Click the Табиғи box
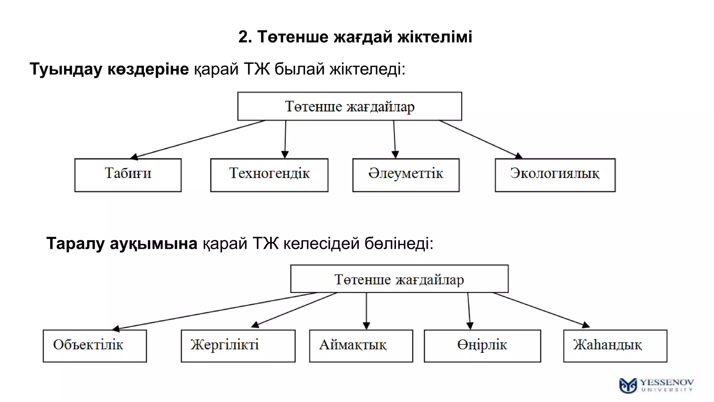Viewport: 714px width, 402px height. (128, 175)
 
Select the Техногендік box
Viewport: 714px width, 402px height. (269, 175)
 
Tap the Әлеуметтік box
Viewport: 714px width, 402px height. (406, 175)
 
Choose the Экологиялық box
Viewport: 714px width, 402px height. (555, 175)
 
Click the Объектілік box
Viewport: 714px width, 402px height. (94, 346)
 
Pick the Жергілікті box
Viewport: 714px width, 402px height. (238, 346)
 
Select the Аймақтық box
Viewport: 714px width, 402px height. (361, 346)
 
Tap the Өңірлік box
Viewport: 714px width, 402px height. (482, 346)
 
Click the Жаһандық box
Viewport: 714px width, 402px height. (615, 346)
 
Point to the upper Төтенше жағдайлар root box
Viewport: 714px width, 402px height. (350, 106)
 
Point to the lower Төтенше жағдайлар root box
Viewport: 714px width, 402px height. (399, 279)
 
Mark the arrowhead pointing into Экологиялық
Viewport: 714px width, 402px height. (518, 156)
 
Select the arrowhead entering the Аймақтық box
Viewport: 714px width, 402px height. (366, 326)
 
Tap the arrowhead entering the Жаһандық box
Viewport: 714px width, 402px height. (586, 325)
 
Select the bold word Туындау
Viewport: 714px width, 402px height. (66, 69)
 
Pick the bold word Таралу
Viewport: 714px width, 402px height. (75, 243)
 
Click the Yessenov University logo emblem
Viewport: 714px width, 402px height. (628, 386)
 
